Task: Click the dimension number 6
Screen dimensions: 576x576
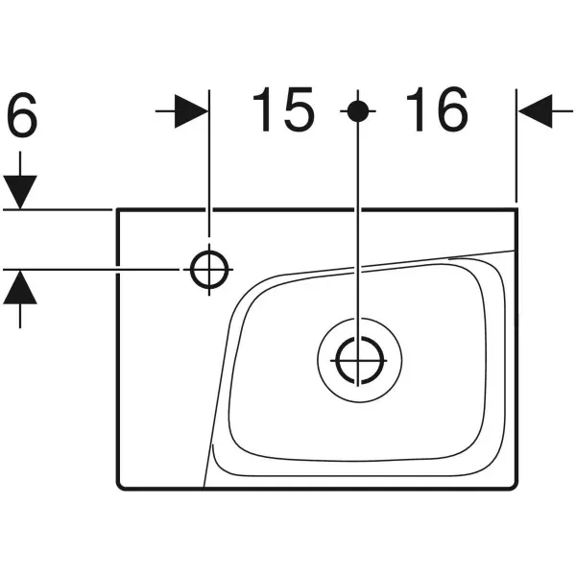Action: click(22, 114)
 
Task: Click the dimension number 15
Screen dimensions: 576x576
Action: click(283, 109)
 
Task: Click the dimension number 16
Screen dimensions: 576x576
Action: click(437, 109)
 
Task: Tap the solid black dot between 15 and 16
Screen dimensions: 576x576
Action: click(358, 111)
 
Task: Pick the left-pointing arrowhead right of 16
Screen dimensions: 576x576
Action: click(535, 111)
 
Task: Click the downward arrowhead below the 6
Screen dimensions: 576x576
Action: click(20, 192)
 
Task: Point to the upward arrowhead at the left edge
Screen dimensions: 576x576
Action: click(20, 287)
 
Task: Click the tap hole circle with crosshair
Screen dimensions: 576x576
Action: click(209, 270)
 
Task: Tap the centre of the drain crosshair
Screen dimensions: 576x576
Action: click(358, 360)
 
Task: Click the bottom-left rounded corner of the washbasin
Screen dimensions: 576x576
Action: click(120, 486)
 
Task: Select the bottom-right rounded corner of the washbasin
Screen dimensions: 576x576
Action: click(515, 486)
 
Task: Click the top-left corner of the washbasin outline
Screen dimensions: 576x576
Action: click(117, 209)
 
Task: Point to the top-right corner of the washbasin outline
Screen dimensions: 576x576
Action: click(516, 209)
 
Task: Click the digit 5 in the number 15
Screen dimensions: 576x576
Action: click(299, 109)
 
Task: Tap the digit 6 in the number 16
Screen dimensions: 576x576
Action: click(452, 109)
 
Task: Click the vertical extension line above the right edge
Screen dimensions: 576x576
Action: click(516, 146)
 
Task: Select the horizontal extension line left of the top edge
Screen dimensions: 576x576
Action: click(58, 209)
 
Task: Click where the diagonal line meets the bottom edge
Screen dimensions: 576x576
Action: click(204, 488)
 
